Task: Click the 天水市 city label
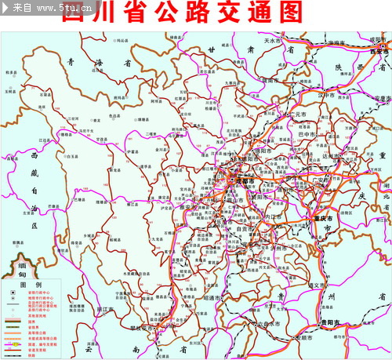pyautogui.click(x=272, y=40)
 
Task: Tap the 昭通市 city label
pyautogui.click(x=212, y=298)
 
